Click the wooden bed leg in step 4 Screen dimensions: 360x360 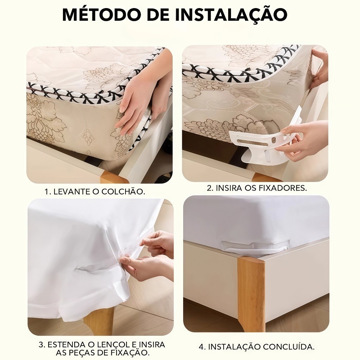click(x=251, y=289)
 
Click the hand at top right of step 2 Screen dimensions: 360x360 click(x=318, y=69)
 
